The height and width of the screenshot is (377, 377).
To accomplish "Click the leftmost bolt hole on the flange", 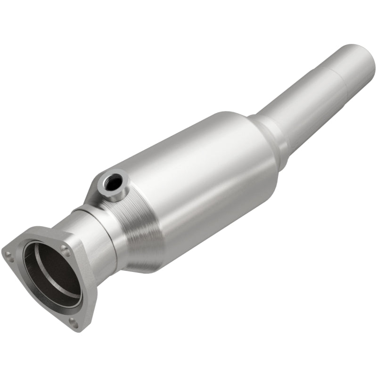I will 8,255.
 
